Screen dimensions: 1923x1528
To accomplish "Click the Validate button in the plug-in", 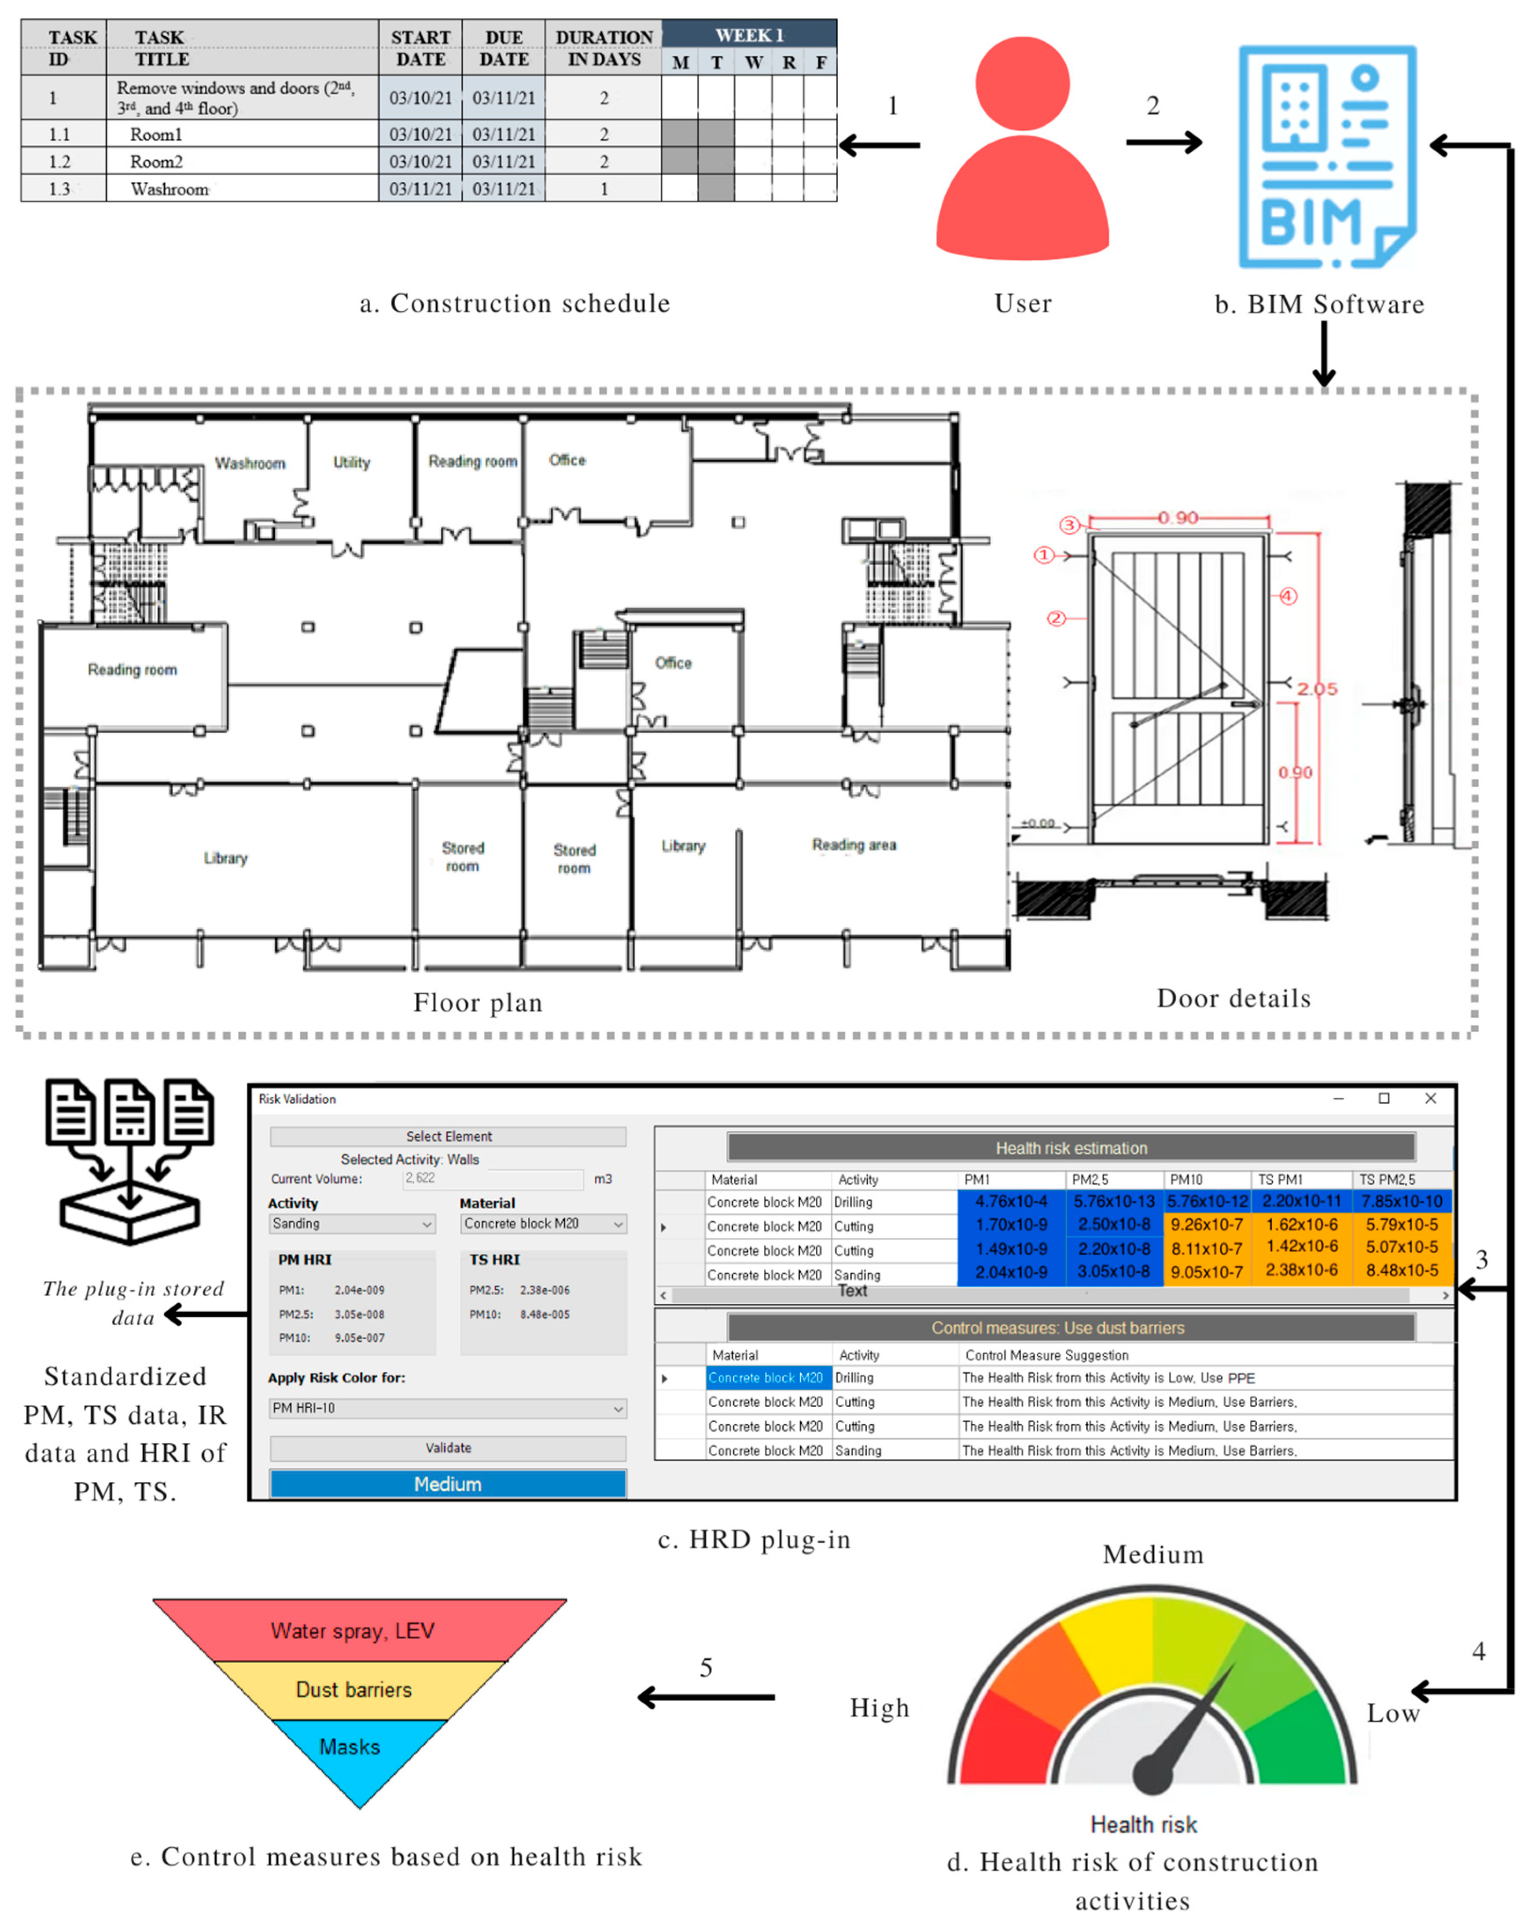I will point(448,1448).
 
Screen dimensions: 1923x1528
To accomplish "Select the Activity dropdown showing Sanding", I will point(352,1224).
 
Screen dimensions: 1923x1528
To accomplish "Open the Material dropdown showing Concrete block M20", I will point(543,1224).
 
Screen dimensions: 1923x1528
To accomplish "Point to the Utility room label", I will point(351,462).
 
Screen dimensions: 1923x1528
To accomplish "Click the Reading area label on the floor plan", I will point(854,845).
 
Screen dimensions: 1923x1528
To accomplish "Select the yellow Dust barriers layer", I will point(354,1689).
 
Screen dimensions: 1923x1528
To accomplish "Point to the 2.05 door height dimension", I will point(1317,688).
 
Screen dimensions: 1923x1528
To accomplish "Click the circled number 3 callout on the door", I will point(1068,525).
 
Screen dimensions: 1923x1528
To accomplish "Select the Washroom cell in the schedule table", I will point(169,189).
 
